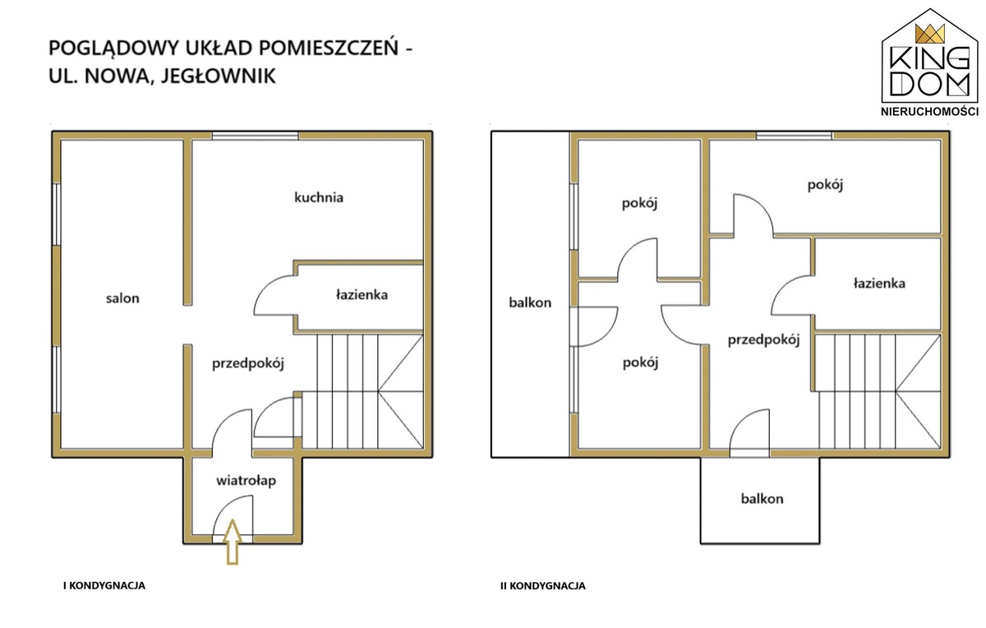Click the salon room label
point(122,298)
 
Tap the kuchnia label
point(319,197)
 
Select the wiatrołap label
point(246,481)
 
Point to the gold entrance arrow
point(233,542)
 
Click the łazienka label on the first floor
point(362,294)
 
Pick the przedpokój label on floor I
point(248,364)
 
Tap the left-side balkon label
point(530,302)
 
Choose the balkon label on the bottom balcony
point(762,498)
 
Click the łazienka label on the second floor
point(879,283)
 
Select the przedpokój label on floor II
point(763,340)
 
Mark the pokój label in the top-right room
point(825,185)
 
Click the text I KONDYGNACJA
point(104,586)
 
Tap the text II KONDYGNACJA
point(543,586)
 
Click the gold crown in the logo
point(929,34)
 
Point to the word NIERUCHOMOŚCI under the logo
point(929,112)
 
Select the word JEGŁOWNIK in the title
point(218,76)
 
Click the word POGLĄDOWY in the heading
point(113,48)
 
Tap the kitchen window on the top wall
point(255,136)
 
